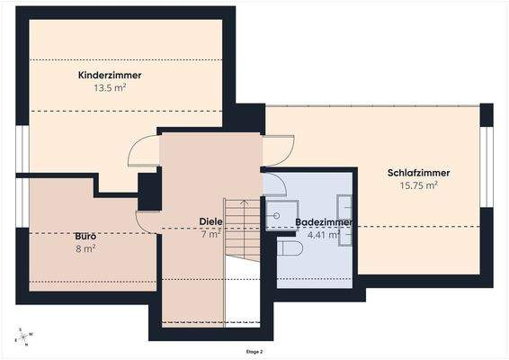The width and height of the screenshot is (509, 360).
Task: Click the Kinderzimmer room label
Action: click(x=110, y=76)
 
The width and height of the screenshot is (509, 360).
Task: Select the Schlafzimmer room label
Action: click(x=418, y=173)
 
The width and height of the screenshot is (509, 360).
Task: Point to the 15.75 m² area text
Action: click(x=418, y=185)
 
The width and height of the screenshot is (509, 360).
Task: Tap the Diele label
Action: click(x=210, y=221)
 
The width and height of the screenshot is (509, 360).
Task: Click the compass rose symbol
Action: click(x=21, y=337)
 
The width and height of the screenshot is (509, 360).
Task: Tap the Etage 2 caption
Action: click(x=254, y=352)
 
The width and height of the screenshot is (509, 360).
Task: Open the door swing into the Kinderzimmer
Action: click(x=144, y=152)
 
